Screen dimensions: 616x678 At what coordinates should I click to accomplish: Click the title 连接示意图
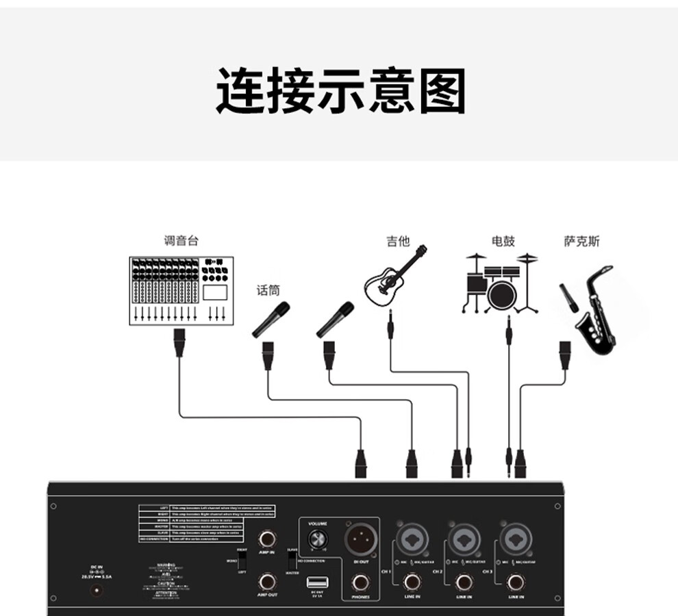[x=340, y=91]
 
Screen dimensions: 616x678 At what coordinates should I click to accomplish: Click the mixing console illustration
[x=181, y=290]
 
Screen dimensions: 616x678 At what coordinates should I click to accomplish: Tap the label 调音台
[x=181, y=241]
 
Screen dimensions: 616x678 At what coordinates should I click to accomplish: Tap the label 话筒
[x=268, y=290]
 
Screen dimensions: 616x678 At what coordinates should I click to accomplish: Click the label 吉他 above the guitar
[x=397, y=241]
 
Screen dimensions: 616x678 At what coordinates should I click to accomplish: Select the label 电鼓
[x=503, y=241]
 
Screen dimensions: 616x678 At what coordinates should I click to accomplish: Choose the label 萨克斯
[x=581, y=241]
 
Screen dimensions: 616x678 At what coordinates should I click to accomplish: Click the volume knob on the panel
[x=317, y=538]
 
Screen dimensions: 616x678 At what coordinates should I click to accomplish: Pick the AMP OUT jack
[x=267, y=582]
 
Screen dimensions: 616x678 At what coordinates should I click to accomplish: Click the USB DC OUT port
[x=316, y=582]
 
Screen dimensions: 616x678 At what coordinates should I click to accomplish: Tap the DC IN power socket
[x=97, y=590]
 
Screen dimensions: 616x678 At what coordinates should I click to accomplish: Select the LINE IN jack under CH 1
[x=412, y=582]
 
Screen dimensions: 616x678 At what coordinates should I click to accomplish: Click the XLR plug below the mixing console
[x=179, y=342]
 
